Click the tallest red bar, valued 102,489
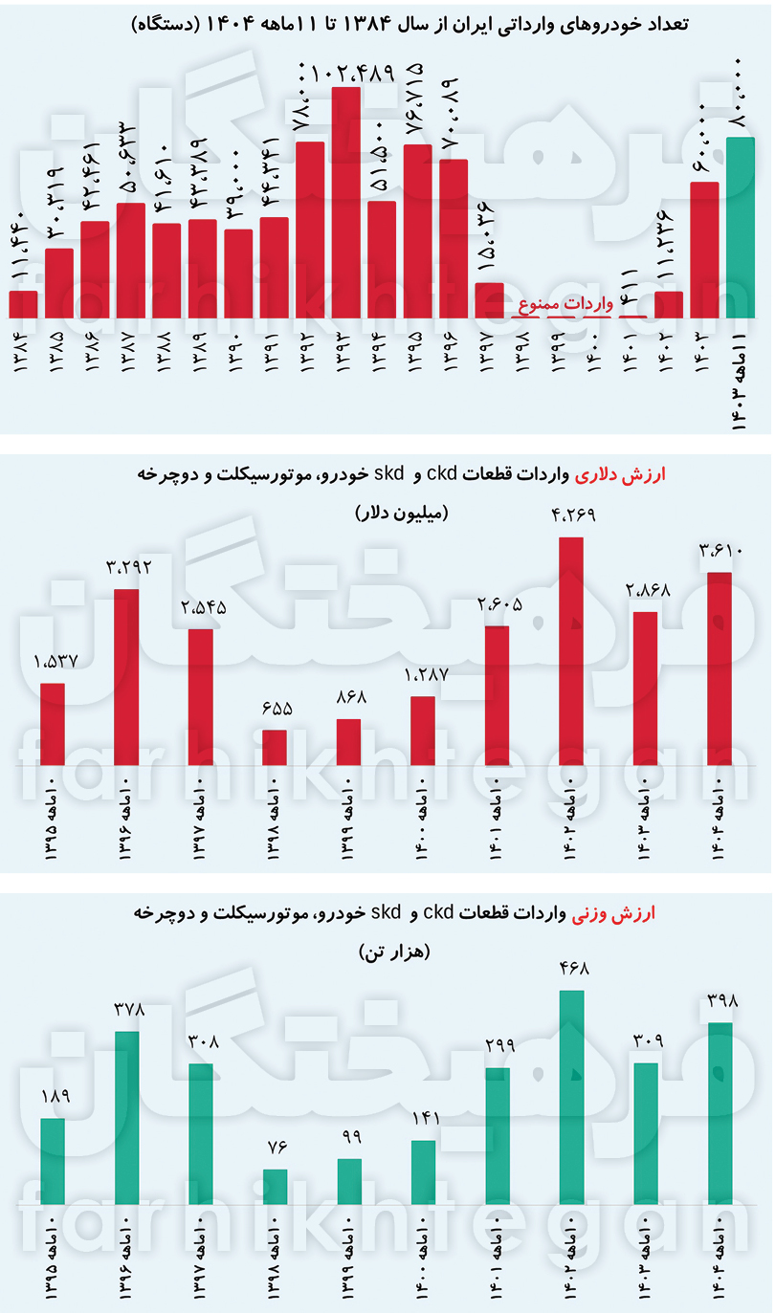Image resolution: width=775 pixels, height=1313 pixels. (x=346, y=202)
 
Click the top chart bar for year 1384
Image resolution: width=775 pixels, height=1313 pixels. (x=23, y=304)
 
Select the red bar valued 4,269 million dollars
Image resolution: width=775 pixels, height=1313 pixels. (x=571, y=651)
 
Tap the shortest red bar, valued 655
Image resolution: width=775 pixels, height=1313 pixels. (x=275, y=748)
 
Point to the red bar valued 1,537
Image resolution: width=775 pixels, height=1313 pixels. (x=53, y=724)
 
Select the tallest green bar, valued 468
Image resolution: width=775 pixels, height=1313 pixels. (x=571, y=1097)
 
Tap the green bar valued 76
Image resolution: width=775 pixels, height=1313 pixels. (x=275, y=1186)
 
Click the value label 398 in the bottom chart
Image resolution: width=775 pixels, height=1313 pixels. (x=720, y=1002)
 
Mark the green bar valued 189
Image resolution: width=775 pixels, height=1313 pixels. (x=53, y=1160)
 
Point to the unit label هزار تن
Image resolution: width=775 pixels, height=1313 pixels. (x=394, y=952)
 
